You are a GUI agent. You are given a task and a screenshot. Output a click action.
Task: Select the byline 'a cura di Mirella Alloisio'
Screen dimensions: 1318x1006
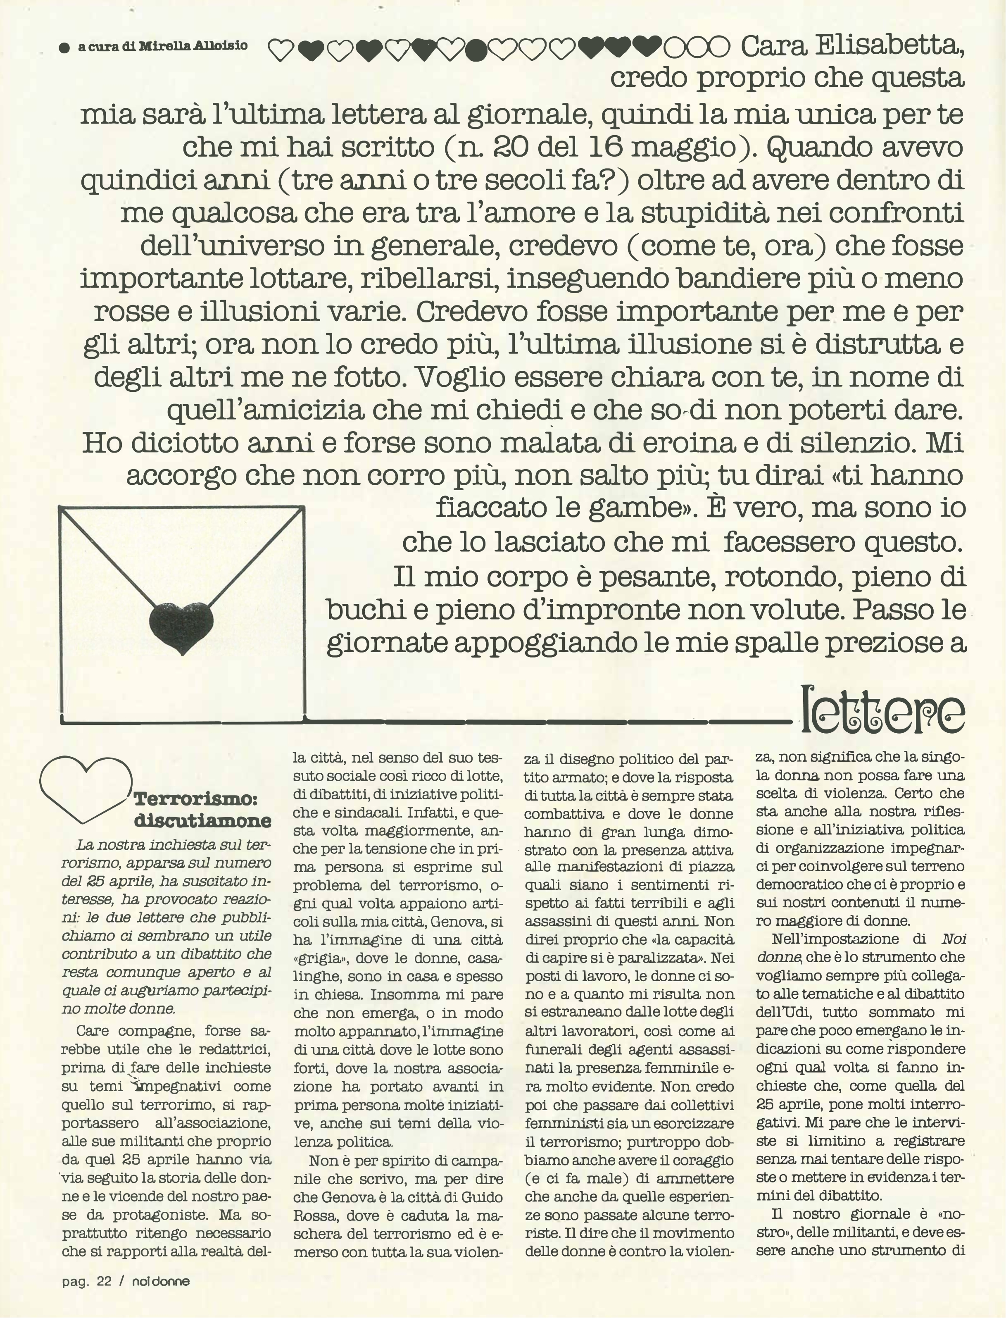click(x=162, y=46)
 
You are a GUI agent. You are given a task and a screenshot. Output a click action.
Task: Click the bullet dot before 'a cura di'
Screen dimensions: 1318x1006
click(x=65, y=48)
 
